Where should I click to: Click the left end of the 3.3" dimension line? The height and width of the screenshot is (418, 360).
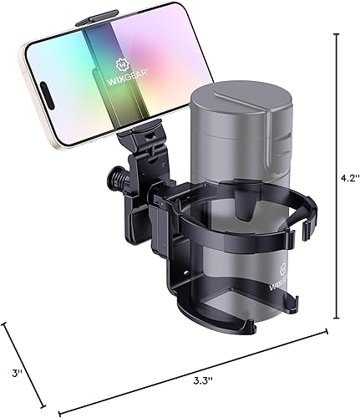coord(59,411)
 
